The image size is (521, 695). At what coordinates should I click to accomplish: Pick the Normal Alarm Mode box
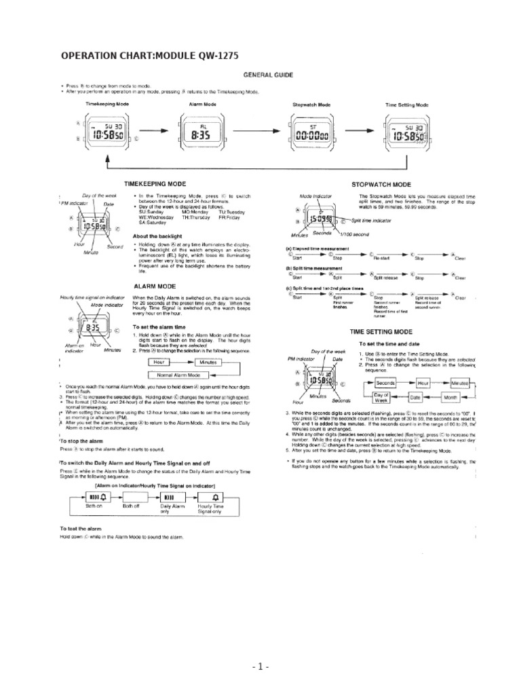pyautogui.click(x=178, y=374)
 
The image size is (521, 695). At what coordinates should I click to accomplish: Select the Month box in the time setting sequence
pyautogui.click(x=450, y=397)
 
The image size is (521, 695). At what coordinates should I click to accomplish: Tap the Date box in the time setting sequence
pyautogui.click(x=415, y=397)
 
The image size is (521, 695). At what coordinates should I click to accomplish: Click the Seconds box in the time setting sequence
pyautogui.click(x=385, y=383)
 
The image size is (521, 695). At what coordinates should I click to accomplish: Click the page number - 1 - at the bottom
pyautogui.click(x=260, y=668)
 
